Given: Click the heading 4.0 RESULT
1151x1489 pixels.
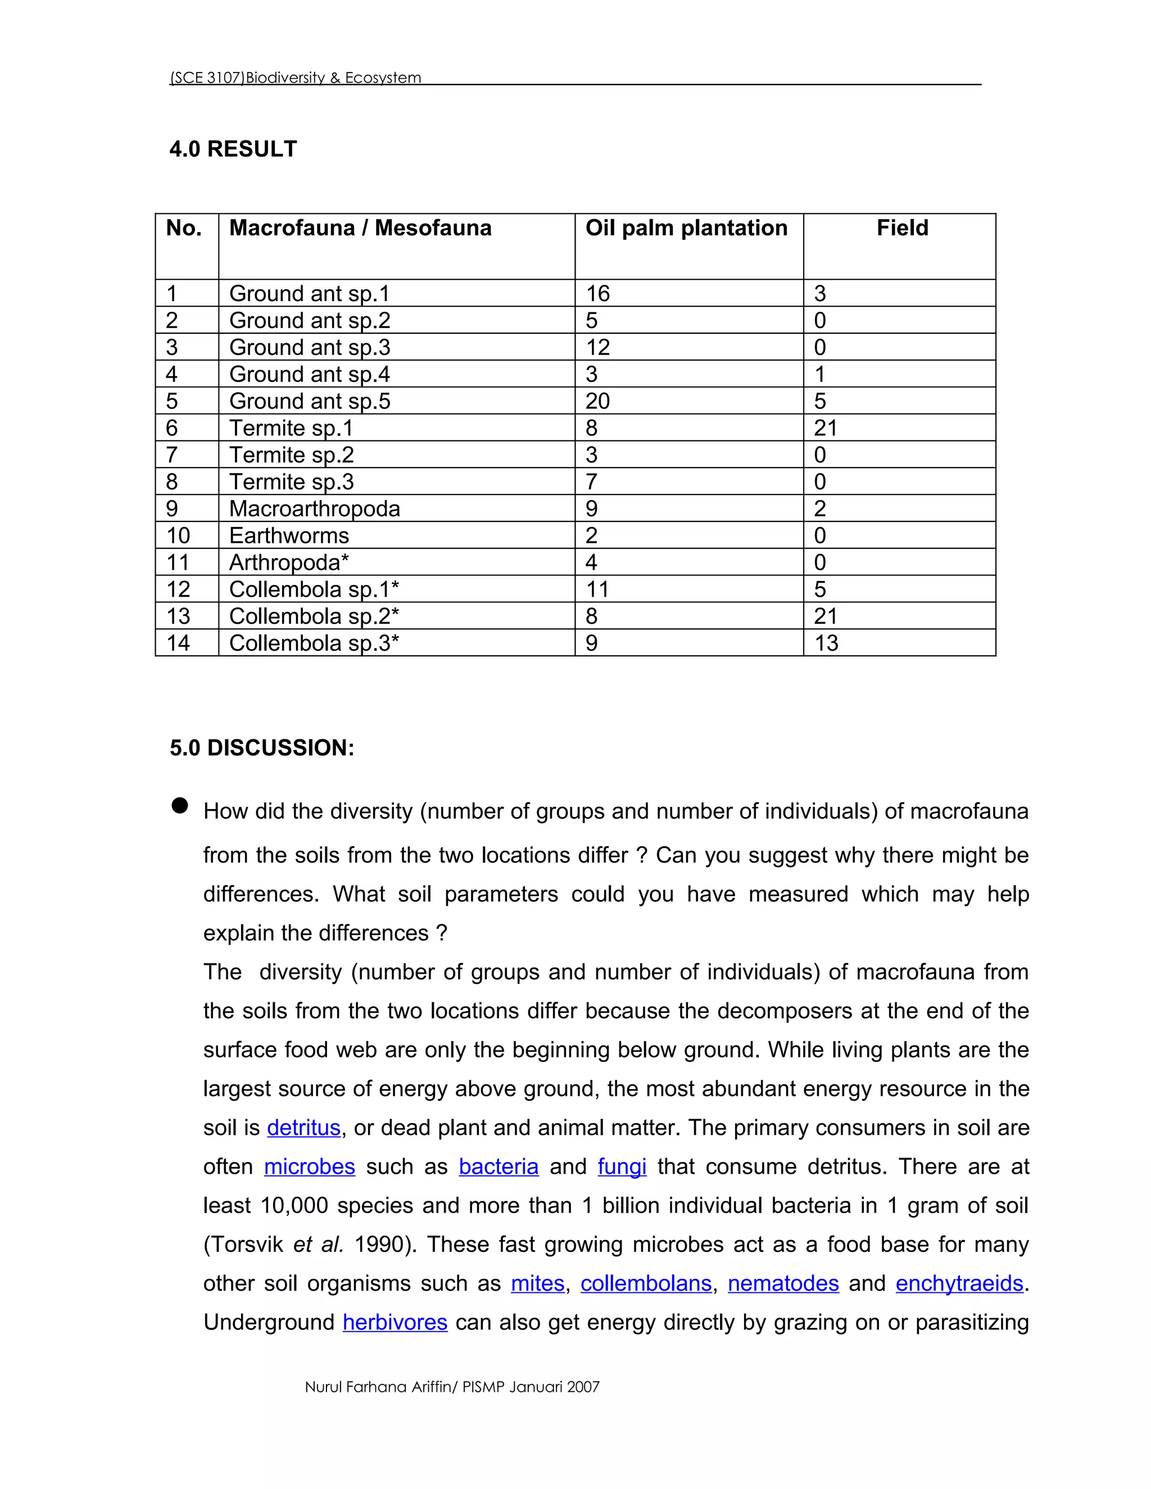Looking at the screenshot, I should [x=233, y=149].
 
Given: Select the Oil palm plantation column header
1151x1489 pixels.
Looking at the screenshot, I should [x=686, y=228].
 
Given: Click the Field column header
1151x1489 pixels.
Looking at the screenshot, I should [x=901, y=228].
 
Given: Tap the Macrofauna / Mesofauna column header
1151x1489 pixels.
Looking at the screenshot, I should [x=360, y=228].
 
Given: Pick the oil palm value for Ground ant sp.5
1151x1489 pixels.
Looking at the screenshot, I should [x=597, y=401].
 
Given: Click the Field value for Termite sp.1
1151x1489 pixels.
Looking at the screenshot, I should [x=825, y=428].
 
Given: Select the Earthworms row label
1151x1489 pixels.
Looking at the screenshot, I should [x=288, y=536].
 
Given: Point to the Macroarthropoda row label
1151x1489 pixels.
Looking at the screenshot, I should [x=314, y=509].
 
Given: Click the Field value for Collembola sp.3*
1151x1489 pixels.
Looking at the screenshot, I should [x=826, y=643].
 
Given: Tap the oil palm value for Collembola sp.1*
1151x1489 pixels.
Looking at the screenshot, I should [x=597, y=589].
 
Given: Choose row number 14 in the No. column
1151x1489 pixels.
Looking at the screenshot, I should [x=178, y=643].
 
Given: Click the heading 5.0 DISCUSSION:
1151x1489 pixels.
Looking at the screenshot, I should [x=262, y=748].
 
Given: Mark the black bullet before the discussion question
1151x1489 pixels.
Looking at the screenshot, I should [x=179, y=806].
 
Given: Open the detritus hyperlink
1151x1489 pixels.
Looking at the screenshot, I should [x=303, y=1128].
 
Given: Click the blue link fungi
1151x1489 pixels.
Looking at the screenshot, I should [x=622, y=1166].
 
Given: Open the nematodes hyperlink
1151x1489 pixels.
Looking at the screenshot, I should [x=783, y=1283].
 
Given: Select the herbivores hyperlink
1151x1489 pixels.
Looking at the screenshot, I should [x=395, y=1322].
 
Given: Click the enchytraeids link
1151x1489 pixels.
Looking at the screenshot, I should [x=959, y=1283].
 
